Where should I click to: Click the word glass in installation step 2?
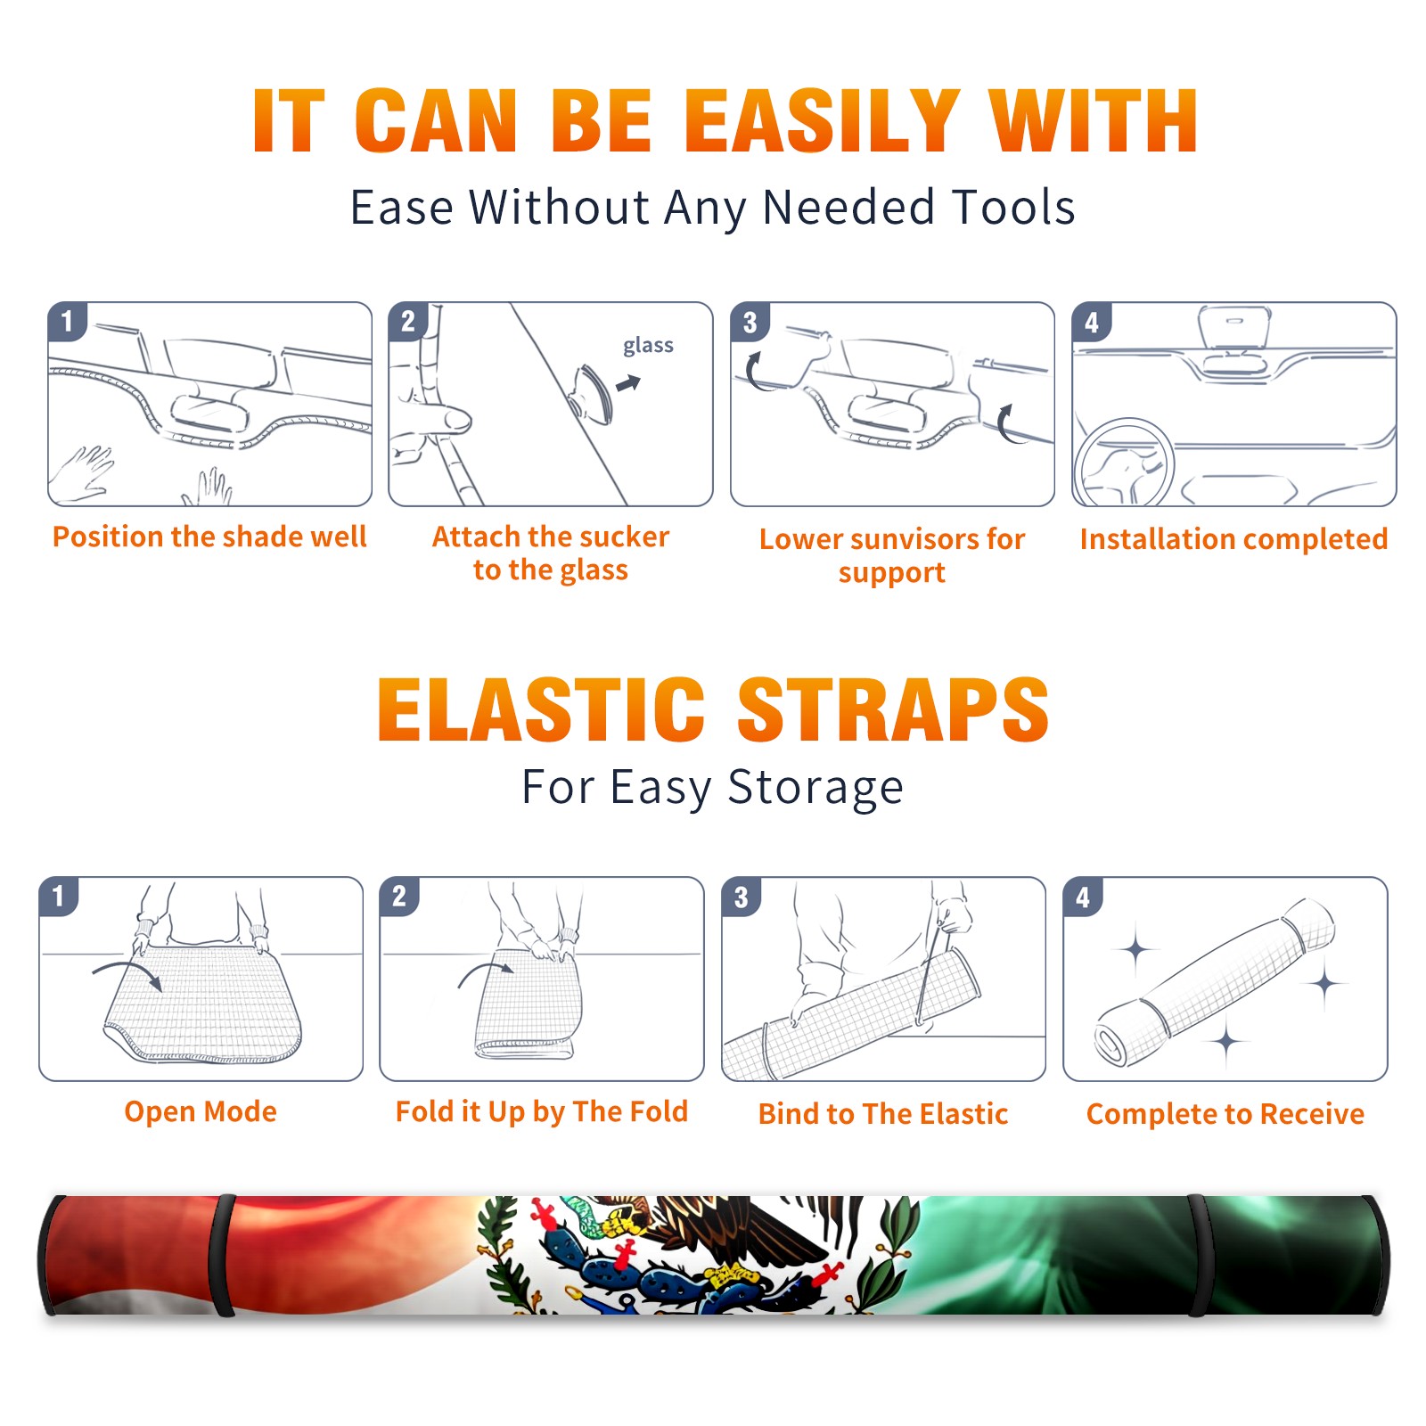648,345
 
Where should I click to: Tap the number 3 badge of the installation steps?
750,322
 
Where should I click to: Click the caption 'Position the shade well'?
209,537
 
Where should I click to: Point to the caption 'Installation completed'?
1233,538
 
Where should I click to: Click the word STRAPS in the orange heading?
893,709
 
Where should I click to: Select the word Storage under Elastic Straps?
815,788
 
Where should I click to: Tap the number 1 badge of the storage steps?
59,896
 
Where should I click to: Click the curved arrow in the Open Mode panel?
127,971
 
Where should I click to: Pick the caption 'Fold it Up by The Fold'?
542,1111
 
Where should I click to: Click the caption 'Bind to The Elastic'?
883,1114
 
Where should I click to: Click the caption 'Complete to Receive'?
1225,1114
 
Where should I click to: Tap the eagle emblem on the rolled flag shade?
695,1255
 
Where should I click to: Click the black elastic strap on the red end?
222,1255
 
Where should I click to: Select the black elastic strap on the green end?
1199,1255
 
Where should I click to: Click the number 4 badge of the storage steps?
1083,897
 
